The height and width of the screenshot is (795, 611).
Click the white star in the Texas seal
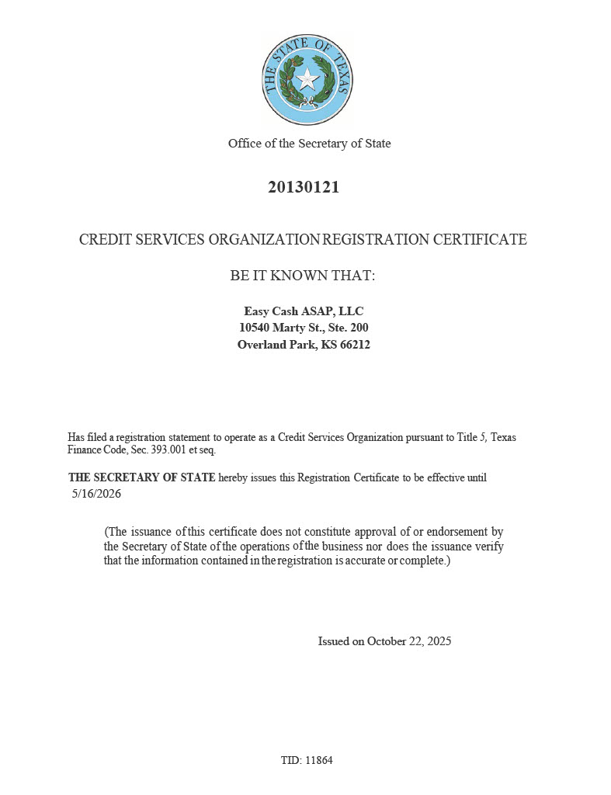click(308, 78)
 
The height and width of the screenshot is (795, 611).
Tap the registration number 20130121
click(304, 187)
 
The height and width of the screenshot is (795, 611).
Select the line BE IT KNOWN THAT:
click(303, 276)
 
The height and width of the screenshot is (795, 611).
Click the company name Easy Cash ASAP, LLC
click(304, 311)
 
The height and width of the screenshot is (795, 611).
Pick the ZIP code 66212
click(355, 345)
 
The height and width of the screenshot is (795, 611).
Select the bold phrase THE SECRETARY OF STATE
click(142, 477)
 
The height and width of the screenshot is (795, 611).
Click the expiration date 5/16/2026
click(96, 494)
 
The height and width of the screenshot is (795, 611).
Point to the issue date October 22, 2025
click(409, 641)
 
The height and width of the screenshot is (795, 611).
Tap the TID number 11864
click(319, 760)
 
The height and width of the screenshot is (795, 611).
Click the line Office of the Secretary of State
click(309, 144)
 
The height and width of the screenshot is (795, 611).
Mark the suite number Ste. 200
click(348, 328)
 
